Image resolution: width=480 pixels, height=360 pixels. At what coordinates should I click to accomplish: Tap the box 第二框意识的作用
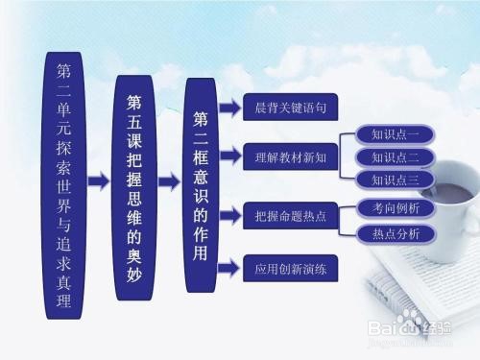tap(201, 180)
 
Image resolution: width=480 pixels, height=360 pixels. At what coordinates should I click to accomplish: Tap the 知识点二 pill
tap(395, 156)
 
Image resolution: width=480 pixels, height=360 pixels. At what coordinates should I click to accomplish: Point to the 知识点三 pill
tap(395, 179)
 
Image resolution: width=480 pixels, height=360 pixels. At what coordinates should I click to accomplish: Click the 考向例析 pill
tap(395, 207)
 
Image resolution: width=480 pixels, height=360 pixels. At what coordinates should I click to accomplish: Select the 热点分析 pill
tap(395, 233)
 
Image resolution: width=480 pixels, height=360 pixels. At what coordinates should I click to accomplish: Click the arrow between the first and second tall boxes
tap(98, 180)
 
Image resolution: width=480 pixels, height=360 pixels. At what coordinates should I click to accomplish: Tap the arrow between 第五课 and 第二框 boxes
tap(168, 180)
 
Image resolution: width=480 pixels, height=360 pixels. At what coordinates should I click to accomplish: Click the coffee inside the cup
tap(447, 193)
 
